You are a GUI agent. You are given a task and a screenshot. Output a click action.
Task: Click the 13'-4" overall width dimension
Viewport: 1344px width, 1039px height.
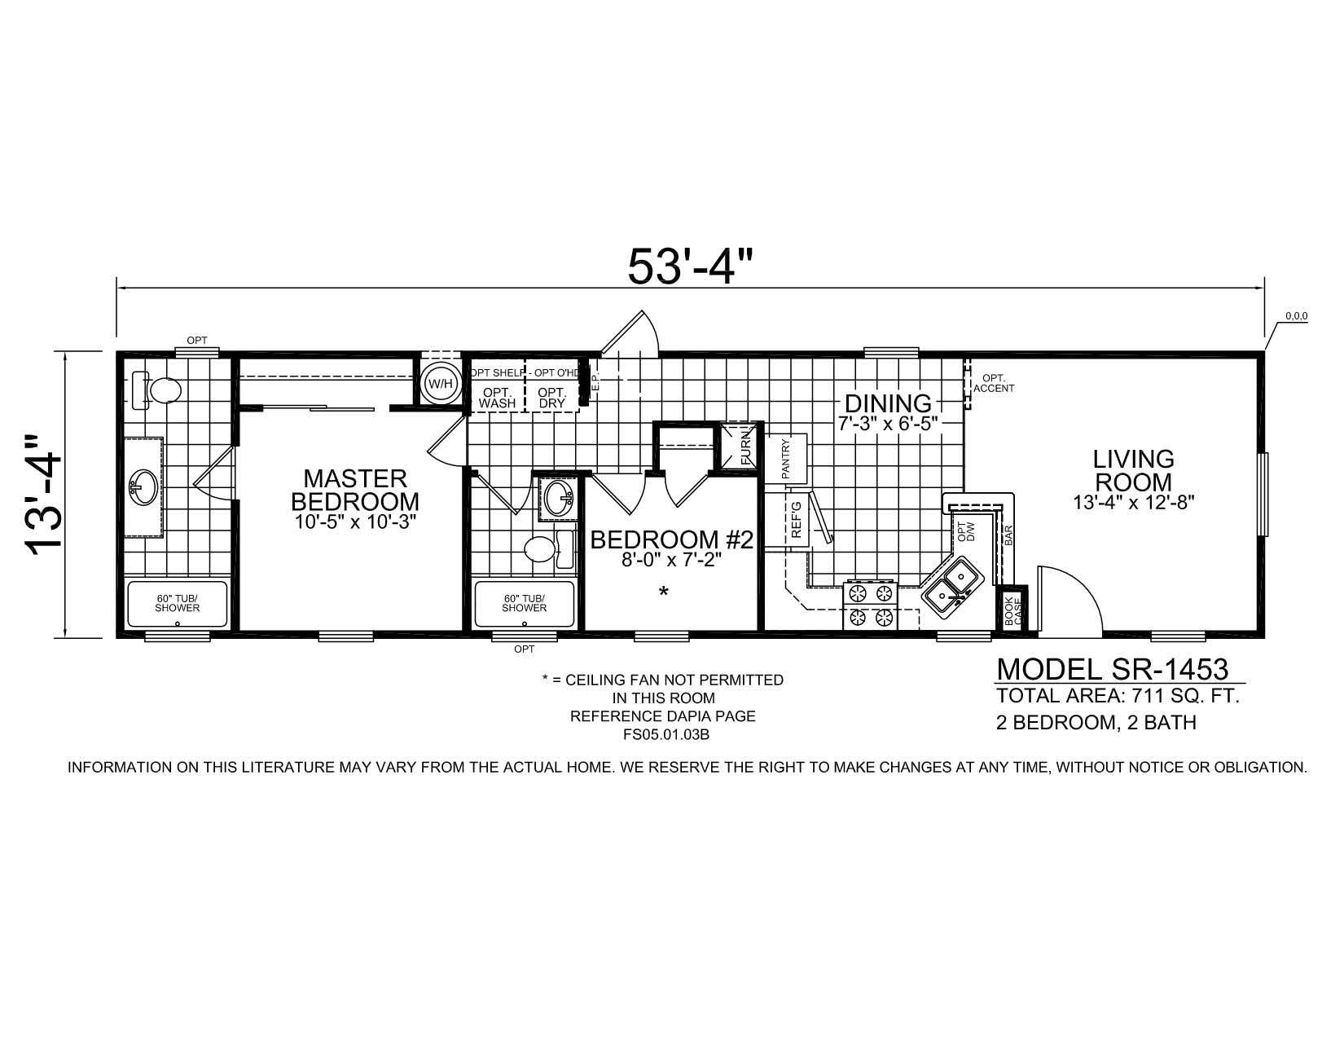pos(45,495)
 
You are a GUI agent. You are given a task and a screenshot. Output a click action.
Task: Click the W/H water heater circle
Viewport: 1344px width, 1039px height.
pos(440,383)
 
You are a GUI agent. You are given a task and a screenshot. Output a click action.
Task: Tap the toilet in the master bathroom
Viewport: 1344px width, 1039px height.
pos(157,391)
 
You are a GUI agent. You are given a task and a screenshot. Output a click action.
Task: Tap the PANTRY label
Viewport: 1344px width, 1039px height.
pos(785,458)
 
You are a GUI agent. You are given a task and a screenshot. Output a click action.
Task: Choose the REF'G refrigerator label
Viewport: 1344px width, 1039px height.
pos(796,520)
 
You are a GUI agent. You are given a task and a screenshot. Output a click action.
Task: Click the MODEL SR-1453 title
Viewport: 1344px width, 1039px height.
pos(1112,669)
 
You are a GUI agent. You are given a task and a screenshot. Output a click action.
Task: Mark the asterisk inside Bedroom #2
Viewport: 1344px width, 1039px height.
pos(664,592)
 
